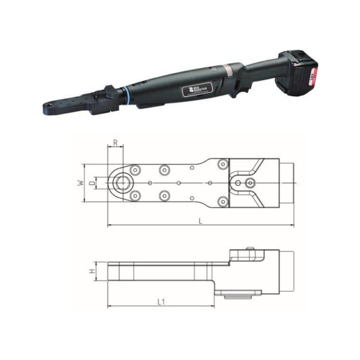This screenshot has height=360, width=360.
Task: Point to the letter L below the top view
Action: pyautogui.click(x=200, y=221)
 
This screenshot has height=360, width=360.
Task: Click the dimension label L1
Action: pyautogui.click(x=161, y=302)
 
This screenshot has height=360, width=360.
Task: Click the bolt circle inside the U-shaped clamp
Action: pyautogui.click(x=250, y=182)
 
